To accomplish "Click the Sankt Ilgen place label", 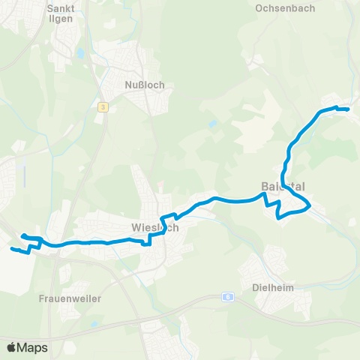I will click(x=59, y=14).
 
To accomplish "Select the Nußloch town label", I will click(x=145, y=85).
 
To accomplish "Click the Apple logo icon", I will click(x=11, y=347).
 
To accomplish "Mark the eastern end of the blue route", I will click(x=349, y=109).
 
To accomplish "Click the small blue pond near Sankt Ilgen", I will click(x=79, y=54).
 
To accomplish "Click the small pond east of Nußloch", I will click(x=214, y=121).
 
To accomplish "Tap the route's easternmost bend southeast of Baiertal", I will click(x=310, y=204).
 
